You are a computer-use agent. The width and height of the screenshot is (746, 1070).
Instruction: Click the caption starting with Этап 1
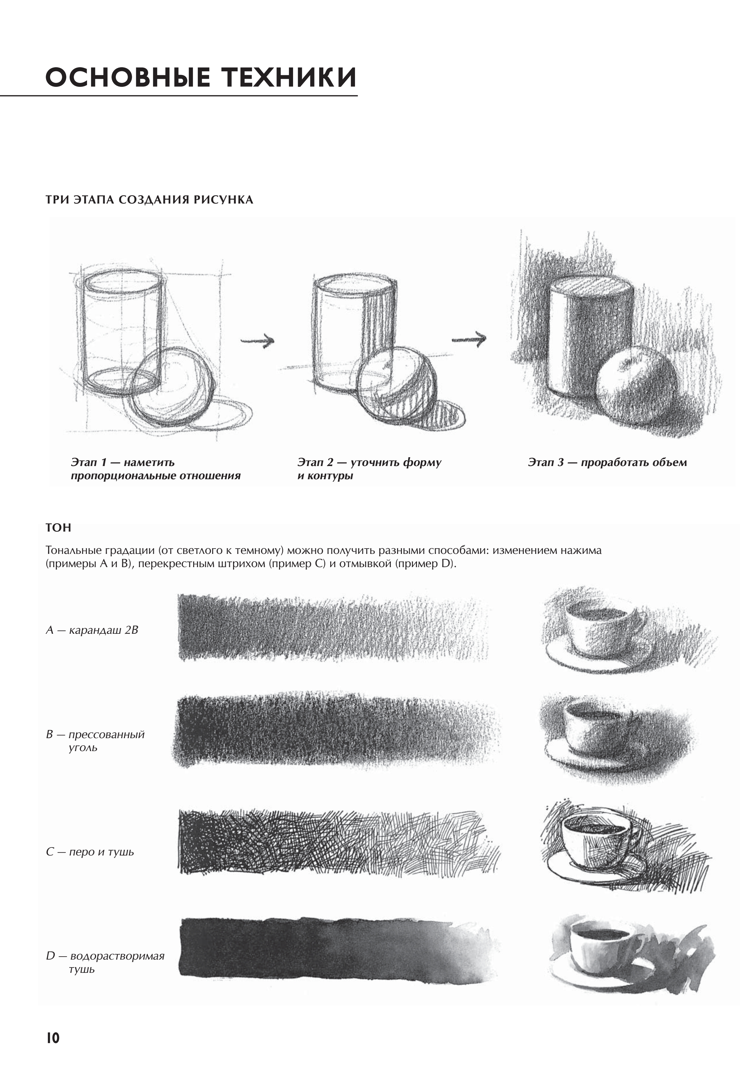click(155, 469)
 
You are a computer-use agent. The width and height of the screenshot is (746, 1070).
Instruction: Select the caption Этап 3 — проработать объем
click(607, 462)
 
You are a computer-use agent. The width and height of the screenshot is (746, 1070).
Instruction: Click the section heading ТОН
click(58, 528)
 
